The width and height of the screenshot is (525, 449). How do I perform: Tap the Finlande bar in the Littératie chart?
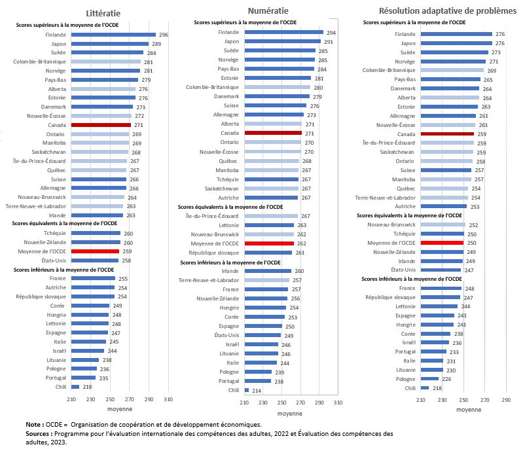(113, 35)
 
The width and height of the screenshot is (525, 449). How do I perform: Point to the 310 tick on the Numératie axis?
(338, 403)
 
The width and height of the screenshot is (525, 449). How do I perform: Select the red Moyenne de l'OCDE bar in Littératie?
(95, 251)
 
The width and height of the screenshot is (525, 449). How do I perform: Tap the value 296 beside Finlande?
(164, 35)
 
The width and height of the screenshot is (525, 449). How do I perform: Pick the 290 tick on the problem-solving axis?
(505, 399)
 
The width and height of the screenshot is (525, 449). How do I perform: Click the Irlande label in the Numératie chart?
(230, 270)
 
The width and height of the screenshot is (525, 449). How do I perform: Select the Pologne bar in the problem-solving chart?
(430, 378)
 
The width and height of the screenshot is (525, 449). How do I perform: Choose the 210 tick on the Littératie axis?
(71, 399)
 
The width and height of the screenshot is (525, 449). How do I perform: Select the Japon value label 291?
(329, 41)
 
